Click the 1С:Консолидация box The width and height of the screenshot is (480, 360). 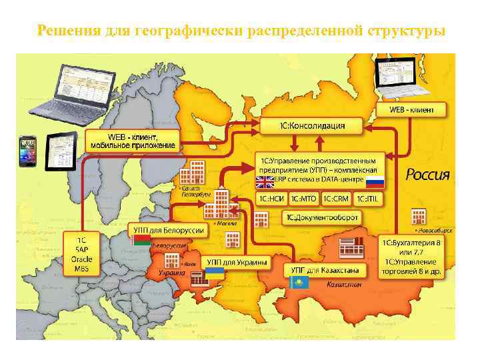[x=312, y=125]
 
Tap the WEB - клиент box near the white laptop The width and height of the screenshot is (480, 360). [x=411, y=109]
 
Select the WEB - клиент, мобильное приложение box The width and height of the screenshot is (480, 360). [x=133, y=140]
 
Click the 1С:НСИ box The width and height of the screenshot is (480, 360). [x=271, y=198]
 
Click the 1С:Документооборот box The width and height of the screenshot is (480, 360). [x=323, y=217]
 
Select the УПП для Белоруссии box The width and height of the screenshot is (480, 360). [x=167, y=230]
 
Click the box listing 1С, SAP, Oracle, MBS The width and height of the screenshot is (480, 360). [x=81, y=254]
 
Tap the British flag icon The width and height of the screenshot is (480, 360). [x=265, y=181]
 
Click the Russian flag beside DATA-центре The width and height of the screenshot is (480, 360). [x=375, y=181]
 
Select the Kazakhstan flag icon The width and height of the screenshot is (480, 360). [x=299, y=283]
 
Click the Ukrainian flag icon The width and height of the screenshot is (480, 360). [x=214, y=273]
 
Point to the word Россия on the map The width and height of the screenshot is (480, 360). [x=428, y=175]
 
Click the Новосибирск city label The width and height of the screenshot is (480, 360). [x=436, y=229]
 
